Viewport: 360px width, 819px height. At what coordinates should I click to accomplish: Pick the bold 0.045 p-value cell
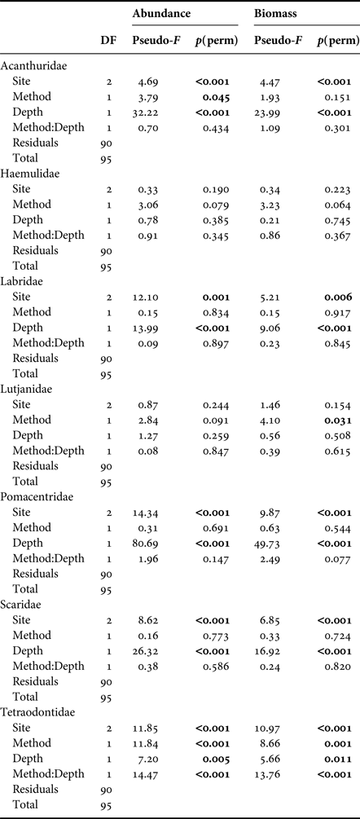click(213, 96)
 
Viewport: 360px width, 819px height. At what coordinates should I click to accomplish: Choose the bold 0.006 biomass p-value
click(336, 297)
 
